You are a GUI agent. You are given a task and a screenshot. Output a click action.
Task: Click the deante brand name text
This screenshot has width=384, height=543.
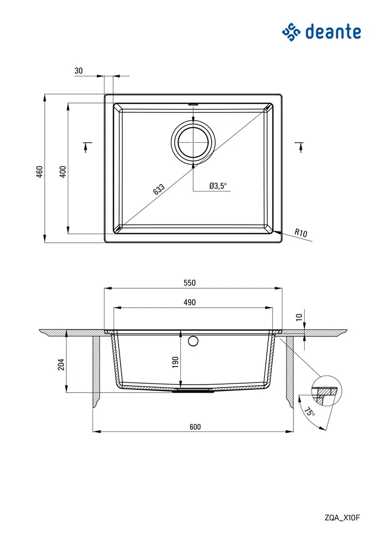pyautogui.click(x=333, y=32)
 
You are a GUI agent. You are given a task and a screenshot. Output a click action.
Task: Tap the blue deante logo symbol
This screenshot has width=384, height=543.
pyautogui.click(x=291, y=32)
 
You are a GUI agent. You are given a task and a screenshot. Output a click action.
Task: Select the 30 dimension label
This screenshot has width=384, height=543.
pyautogui.click(x=78, y=71)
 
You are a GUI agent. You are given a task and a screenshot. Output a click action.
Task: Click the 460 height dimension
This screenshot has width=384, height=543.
pyautogui.click(x=40, y=172)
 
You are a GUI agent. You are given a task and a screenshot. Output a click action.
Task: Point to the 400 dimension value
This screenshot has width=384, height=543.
pyautogui.click(x=63, y=172)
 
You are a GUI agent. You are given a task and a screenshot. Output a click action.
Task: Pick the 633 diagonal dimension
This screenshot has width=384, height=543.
pyautogui.click(x=159, y=190)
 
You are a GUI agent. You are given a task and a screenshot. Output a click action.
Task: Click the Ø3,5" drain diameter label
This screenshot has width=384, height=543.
pyautogui.click(x=218, y=186)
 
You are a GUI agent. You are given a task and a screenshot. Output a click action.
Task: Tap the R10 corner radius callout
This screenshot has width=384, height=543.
pyautogui.click(x=301, y=233)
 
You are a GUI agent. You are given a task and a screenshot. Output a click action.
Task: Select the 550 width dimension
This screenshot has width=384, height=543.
pyautogui.click(x=190, y=283)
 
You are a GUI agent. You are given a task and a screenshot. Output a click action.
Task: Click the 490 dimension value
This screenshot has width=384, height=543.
pyautogui.click(x=190, y=302)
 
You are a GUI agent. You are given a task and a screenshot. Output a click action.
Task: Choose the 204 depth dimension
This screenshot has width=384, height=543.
pyautogui.click(x=61, y=365)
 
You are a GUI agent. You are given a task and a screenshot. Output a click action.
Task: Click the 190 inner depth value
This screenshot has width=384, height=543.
pyautogui.click(x=175, y=362)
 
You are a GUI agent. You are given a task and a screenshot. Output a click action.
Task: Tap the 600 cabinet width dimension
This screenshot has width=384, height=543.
pyautogui.click(x=196, y=427)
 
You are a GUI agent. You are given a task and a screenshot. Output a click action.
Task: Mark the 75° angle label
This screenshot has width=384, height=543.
pyautogui.click(x=310, y=412)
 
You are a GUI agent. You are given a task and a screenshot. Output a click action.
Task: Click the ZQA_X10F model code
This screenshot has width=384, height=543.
pyautogui.click(x=342, y=518)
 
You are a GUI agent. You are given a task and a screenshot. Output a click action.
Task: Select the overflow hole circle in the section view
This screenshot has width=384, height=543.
pyautogui.click(x=193, y=341)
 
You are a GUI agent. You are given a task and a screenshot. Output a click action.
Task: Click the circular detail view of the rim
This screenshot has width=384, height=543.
pyautogui.click(x=327, y=391)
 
